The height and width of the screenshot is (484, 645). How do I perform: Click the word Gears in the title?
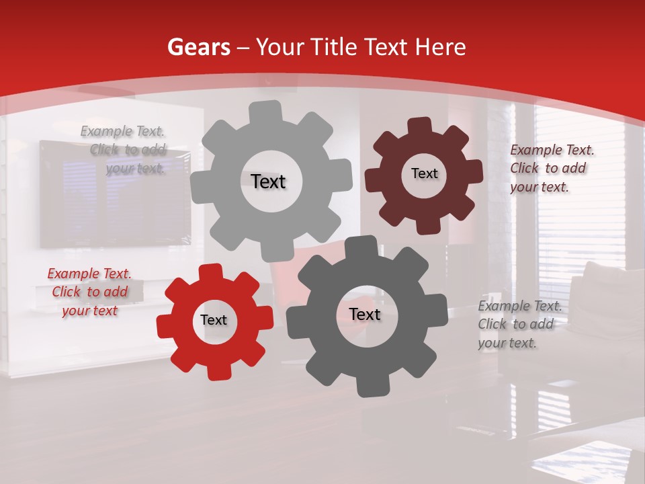point(198,47)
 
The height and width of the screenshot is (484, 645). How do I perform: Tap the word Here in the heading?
point(441,47)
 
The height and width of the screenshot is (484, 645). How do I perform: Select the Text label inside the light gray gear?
point(268,182)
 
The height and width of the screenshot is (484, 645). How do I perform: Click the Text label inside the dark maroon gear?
point(424,173)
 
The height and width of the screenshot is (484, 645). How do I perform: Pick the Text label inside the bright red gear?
point(214,320)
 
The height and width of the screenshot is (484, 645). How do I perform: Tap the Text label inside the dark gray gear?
point(365,315)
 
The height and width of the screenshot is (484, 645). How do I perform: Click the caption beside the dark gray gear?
point(519,324)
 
